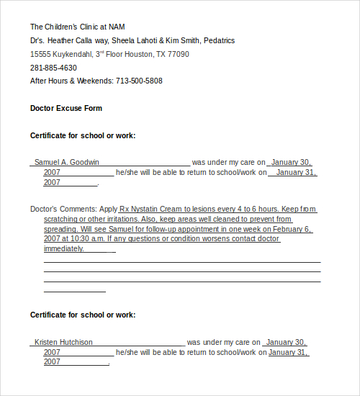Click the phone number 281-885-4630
pyautogui.click(x=53, y=68)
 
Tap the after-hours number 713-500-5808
pyautogui.click(x=139, y=81)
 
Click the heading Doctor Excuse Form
pyautogui.click(x=66, y=108)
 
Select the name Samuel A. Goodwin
pyautogui.click(x=67, y=162)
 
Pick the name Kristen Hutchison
pyautogui.click(x=63, y=342)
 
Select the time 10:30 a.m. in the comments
pyautogui.click(x=89, y=238)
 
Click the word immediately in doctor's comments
pyautogui.click(x=63, y=248)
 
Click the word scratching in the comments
pyautogui.click(x=63, y=219)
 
